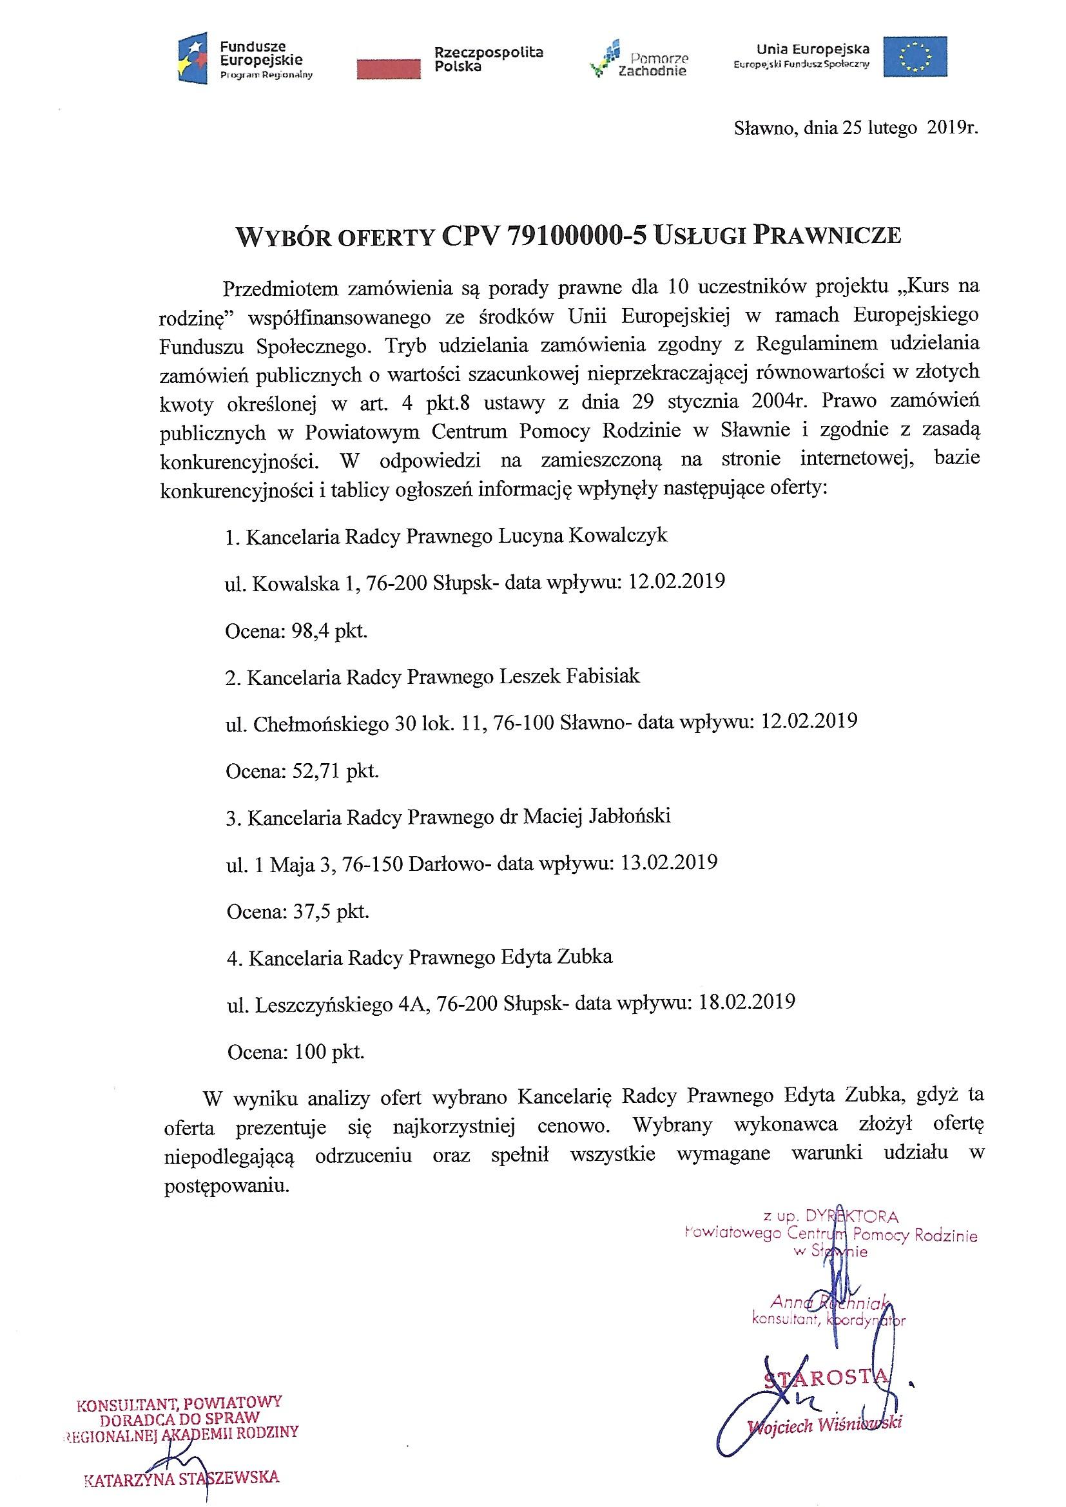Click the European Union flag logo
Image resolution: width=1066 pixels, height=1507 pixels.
pyautogui.click(x=915, y=57)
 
